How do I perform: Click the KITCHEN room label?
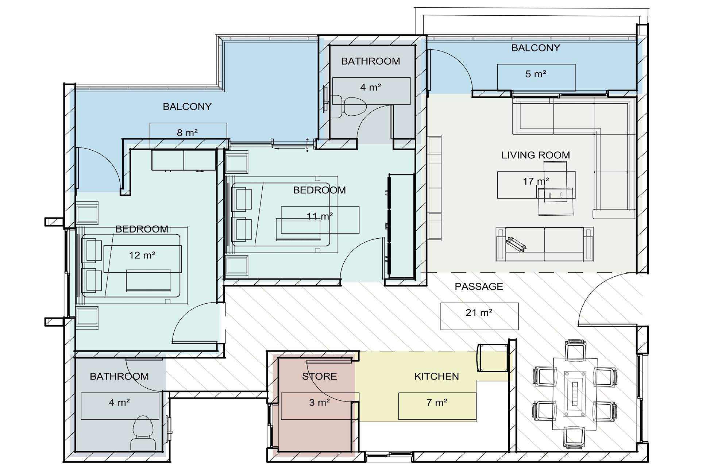tap(436, 376)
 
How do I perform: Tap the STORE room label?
tap(319, 376)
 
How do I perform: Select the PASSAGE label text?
tap(479, 287)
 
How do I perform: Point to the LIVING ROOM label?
tap(535, 155)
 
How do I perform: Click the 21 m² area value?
tap(479, 313)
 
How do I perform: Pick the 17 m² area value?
tap(536, 181)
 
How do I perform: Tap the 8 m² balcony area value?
tap(187, 132)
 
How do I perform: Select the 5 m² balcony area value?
tap(536, 74)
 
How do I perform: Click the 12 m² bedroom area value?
tap(142, 255)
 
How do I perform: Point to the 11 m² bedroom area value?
tap(320, 216)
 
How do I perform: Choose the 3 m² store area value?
tap(320, 403)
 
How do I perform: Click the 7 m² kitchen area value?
tap(437, 403)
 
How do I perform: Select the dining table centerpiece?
tap(575, 394)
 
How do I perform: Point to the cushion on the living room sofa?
tap(516, 244)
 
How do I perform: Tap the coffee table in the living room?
tap(555, 188)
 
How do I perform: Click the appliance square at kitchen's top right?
tap(492, 358)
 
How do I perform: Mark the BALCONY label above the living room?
tap(535, 48)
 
